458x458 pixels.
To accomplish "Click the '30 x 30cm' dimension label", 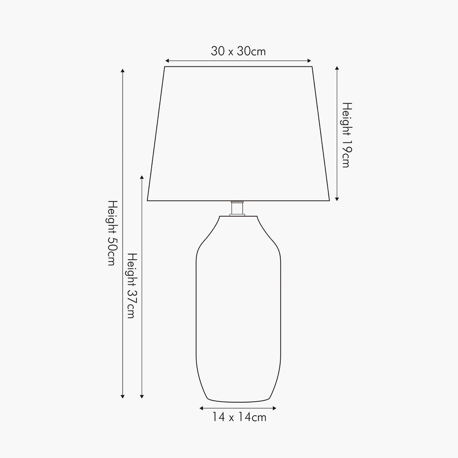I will pos(238,51).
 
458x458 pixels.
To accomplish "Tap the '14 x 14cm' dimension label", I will pos(239,417).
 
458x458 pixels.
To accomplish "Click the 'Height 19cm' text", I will pos(347,135).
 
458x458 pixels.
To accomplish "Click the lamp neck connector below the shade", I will pos(237,208).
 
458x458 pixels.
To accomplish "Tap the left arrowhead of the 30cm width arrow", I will pos(167,60).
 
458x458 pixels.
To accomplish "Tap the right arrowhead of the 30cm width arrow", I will pos(310,60).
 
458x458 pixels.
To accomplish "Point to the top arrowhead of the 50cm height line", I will pos(122,71).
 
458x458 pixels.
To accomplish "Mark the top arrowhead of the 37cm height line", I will pos(142,177).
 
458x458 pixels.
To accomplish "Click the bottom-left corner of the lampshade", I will pos(147,201).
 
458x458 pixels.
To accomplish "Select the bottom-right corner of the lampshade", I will pos(330,201).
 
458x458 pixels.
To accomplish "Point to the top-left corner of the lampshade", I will pos(164,67).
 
